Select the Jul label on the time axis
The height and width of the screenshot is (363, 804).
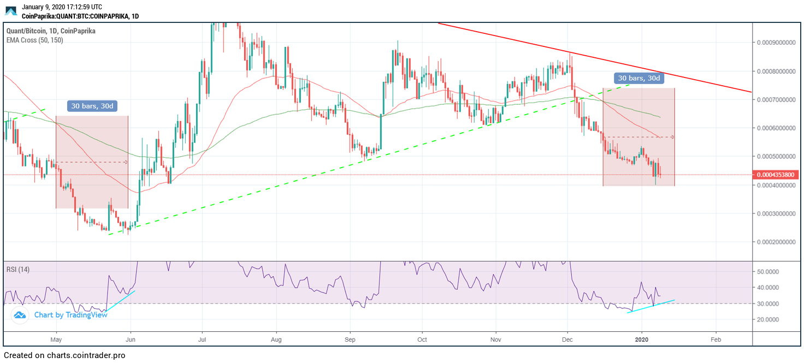click(x=202, y=339)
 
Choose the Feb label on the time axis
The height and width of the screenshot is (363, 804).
click(x=716, y=339)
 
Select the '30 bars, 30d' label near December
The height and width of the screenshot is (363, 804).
click(x=639, y=78)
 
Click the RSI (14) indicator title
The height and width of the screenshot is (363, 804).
click(x=18, y=269)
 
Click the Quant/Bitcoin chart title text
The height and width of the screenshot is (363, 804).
click(x=50, y=31)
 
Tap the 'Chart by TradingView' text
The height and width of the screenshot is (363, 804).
click(x=70, y=315)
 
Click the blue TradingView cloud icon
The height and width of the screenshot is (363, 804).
click(x=20, y=315)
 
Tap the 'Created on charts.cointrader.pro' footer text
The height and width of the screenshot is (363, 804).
click(x=64, y=355)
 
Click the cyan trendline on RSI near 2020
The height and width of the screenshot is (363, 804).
click(x=651, y=306)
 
